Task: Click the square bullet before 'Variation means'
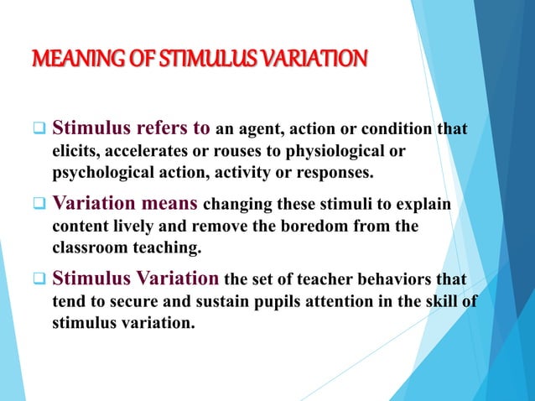(x=39, y=204)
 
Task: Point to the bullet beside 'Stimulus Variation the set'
(x=39, y=279)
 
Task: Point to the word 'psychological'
(x=96, y=174)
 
